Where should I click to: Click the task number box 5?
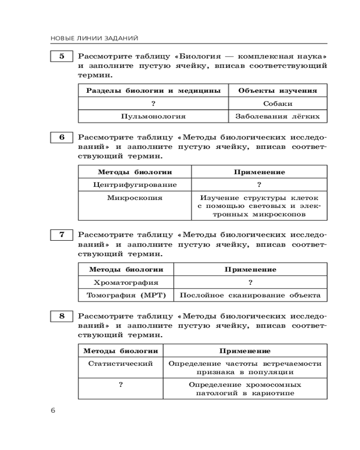tap(61, 57)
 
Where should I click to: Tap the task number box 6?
tap(61, 138)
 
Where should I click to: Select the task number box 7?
tap(61, 235)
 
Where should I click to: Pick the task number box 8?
tap(61, 316)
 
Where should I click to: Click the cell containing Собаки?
tap(278, 103)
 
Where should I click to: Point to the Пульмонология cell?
tap(153, 116)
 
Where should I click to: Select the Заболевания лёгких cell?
tap(278, 116)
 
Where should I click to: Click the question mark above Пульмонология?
tap(153, 103)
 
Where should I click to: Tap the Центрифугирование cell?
tap(135, 184)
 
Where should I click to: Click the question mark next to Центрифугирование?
tap(259, 184)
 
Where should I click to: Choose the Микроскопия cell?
tap(135, 198)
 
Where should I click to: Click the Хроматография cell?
tap(126, 283)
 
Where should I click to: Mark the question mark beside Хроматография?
tap(250, 283)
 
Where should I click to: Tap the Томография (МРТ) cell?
tap(126, 295)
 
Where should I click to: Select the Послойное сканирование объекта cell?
tap(250, 295)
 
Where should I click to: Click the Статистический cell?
tap(121, 363)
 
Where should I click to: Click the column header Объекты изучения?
tap(278, 90)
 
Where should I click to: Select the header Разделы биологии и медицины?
tap(153, 90)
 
